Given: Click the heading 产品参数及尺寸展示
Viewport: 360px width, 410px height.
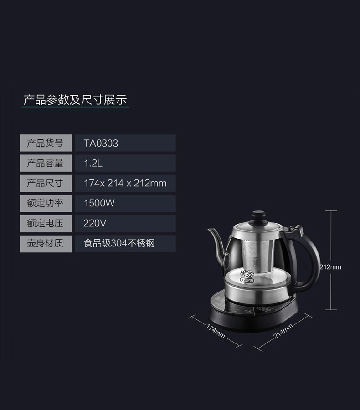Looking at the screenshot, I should tap(75, 100).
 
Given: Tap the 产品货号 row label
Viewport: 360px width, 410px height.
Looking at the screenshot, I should tap(45, 143).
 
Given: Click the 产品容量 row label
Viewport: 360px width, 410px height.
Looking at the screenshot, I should tap(45, 163).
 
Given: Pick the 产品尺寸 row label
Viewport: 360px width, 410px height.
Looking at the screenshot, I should tap(45, 183).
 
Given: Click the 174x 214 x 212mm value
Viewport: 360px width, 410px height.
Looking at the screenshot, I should tap(125, 183).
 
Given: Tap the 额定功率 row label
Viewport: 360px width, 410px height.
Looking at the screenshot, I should tap(45, 203).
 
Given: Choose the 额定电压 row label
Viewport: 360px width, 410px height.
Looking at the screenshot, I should tap(45, 223).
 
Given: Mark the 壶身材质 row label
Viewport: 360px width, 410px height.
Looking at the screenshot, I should tap(45, 243).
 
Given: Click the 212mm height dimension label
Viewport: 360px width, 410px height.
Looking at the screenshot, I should tap(330, 267).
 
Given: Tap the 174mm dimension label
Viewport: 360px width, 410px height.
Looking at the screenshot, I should tap(216, 332).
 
